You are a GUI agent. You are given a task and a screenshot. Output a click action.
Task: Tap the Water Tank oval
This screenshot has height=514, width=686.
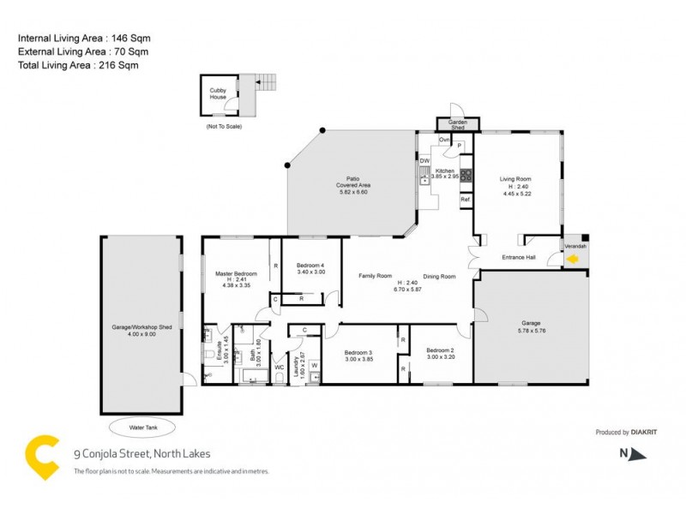141,426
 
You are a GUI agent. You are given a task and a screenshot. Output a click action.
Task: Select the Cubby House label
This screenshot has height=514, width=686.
219,93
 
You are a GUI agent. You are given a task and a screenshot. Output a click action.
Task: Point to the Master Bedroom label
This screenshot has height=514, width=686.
236,273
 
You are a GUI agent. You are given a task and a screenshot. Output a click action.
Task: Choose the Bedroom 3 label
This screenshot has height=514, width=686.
358,353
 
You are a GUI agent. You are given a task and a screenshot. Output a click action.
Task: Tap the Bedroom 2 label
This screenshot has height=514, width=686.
441,350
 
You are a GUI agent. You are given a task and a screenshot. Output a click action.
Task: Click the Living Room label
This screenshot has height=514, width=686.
516,179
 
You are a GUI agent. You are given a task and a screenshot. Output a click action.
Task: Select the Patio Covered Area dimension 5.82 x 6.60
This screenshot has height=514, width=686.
352,192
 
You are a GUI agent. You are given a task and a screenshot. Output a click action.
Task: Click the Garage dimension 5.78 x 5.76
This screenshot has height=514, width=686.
532,331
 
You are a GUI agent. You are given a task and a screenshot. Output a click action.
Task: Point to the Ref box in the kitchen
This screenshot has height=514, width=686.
466,200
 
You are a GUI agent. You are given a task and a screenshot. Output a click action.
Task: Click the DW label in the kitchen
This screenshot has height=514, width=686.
424,161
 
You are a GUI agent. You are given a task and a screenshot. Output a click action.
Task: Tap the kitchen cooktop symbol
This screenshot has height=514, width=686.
466,176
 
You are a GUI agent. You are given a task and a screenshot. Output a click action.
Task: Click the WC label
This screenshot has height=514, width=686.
279,368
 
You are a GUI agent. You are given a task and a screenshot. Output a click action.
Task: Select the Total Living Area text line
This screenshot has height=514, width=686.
78,64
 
